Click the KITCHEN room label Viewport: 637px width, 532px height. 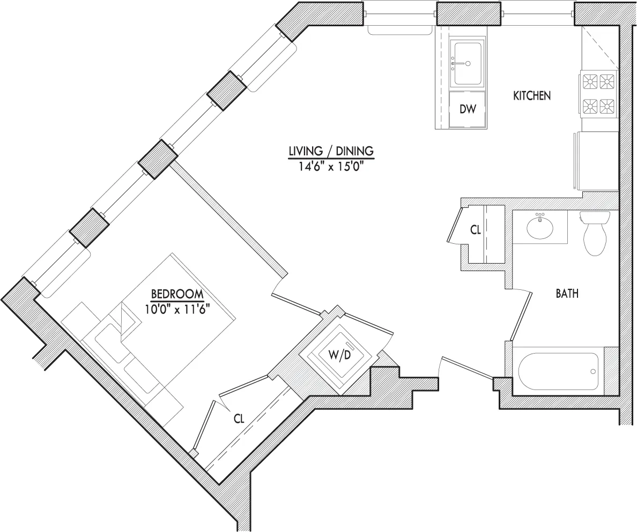(x=532, y=96)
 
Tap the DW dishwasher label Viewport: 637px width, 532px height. (x=468, y=109)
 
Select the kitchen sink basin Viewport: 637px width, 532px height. (x=468, y=62)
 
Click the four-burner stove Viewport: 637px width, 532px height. (x=598, y=93)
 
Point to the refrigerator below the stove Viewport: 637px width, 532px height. (x=596, y=161)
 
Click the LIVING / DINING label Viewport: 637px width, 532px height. (x=331, y=151)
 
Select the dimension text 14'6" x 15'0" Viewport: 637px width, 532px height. (x=331, y=167)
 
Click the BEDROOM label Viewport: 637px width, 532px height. (x=177, y=294)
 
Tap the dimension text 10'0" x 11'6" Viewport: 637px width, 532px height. (x=176, y=309)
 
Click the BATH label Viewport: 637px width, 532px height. (x=567, y=294)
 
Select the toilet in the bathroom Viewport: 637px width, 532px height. (x=595, y=232)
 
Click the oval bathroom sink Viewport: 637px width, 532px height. (x=540, y=228)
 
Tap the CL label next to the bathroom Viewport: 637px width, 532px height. (x=475, y=230)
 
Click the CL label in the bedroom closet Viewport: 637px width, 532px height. (x=239, y=419)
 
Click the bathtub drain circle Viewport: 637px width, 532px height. (x=593, y=371)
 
